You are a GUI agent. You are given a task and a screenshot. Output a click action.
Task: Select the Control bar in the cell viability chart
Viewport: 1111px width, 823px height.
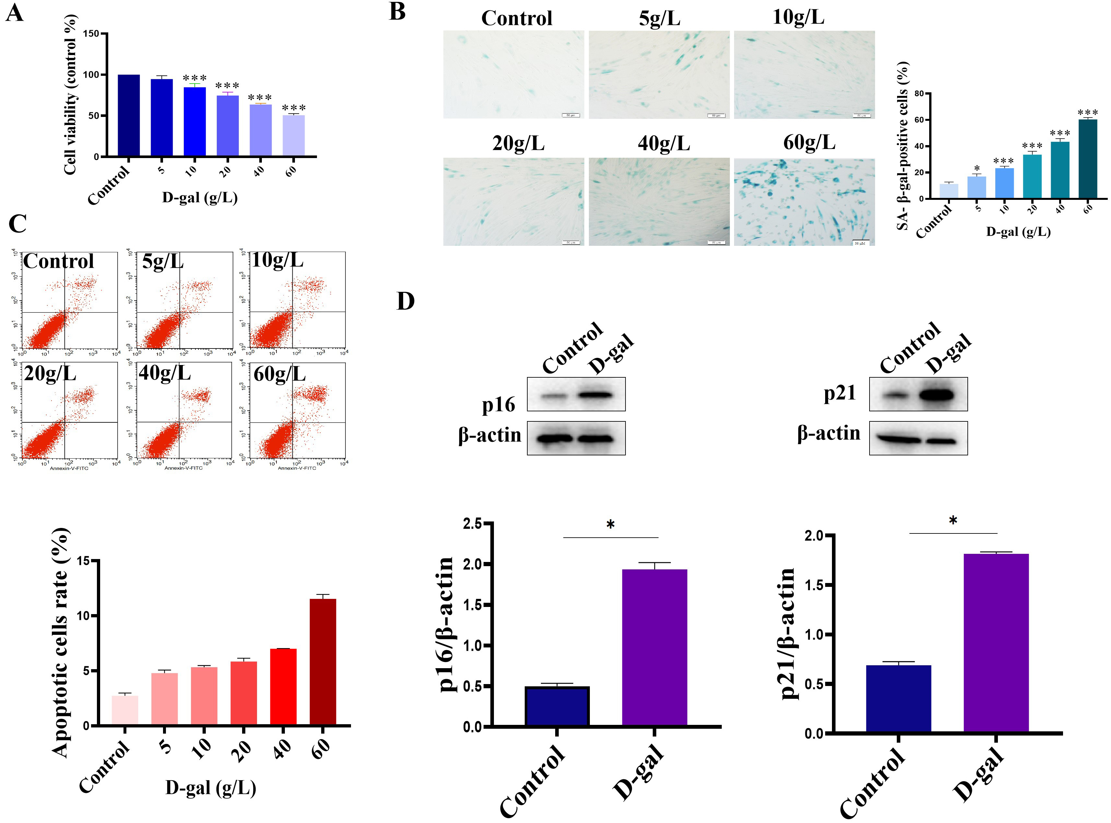[129, 116]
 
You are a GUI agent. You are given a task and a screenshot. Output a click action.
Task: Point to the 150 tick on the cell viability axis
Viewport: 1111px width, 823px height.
[91, 34]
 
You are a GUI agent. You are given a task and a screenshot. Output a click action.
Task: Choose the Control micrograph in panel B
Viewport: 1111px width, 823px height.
[513, 75]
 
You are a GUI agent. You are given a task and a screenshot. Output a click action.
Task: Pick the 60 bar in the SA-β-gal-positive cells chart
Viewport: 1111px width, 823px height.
[1088, 159]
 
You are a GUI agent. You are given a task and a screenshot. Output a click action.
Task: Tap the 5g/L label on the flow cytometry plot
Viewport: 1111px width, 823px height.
[162, 261]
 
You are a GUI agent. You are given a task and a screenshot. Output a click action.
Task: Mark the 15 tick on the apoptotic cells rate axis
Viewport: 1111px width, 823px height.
[83, 561]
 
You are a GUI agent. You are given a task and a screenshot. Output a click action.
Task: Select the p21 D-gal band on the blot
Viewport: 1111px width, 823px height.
[937, 395]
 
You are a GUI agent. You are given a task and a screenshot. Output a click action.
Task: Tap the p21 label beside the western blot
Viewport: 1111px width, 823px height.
[839, 394]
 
